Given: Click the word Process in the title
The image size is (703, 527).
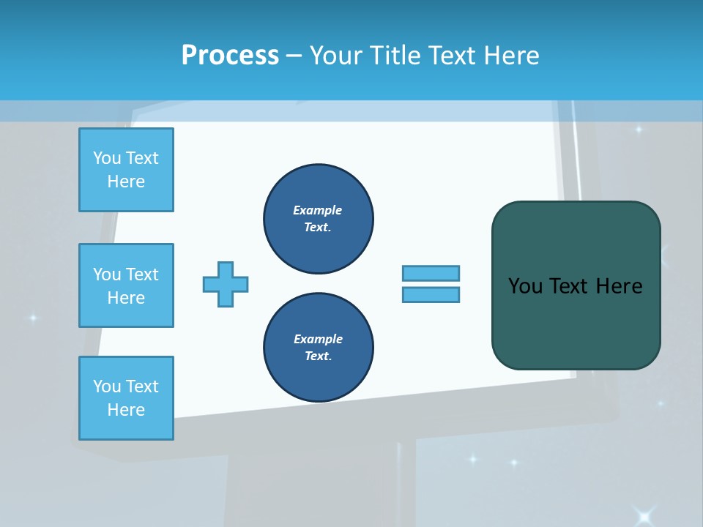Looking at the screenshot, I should click(x=230, y=56).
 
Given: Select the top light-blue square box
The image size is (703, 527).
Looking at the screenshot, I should click(x=126, y=170).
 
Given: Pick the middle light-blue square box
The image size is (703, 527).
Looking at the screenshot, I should click(x=126, y=285).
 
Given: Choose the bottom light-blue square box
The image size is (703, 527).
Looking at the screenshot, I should click(x=126, y=398).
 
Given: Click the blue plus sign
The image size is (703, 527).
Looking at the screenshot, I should click(x=226, y=284).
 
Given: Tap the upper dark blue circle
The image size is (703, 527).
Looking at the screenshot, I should click(x=319, y=218).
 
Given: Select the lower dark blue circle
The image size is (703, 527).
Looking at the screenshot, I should click(x=319, y=347).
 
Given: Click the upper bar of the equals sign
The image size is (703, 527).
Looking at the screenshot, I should click(x=431, y=273).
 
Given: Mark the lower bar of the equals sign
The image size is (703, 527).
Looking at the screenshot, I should click(x=431, y=294).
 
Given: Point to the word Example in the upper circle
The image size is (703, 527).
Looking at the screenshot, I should click(x=318, y=210).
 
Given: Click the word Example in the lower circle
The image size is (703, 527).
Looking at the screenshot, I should click(x=318, y=339).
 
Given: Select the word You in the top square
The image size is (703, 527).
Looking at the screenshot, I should click(x=106, y=158).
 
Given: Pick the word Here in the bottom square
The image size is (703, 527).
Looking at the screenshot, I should click(x=126, y=410).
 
